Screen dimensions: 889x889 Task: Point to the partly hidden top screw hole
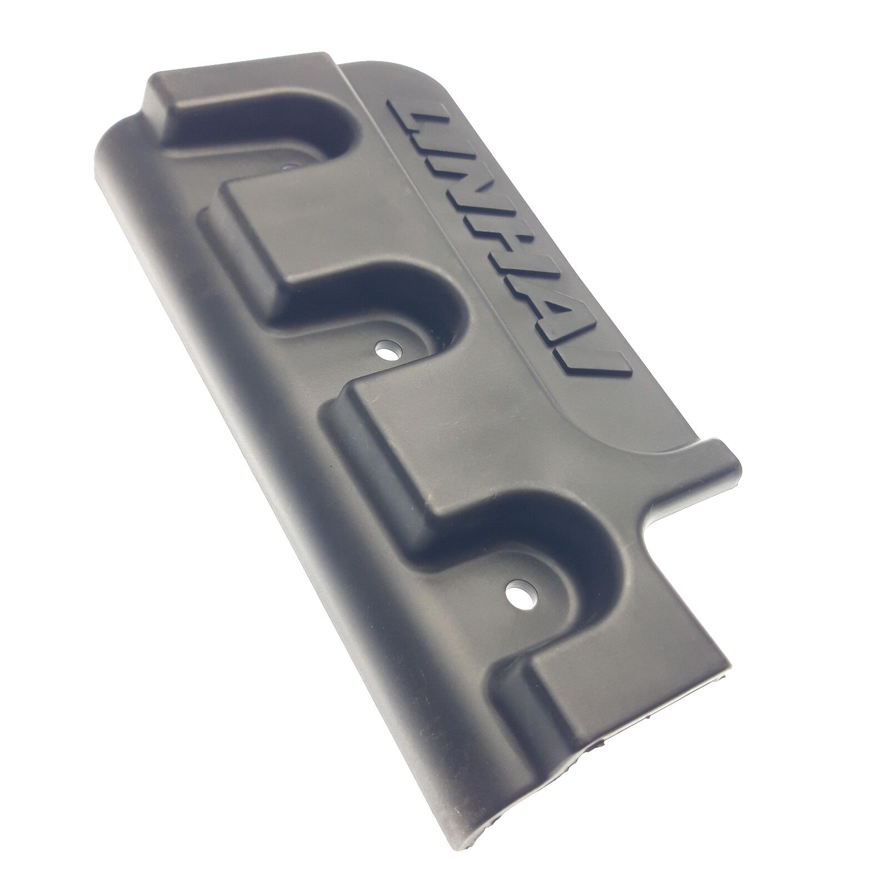pos(288,166)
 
